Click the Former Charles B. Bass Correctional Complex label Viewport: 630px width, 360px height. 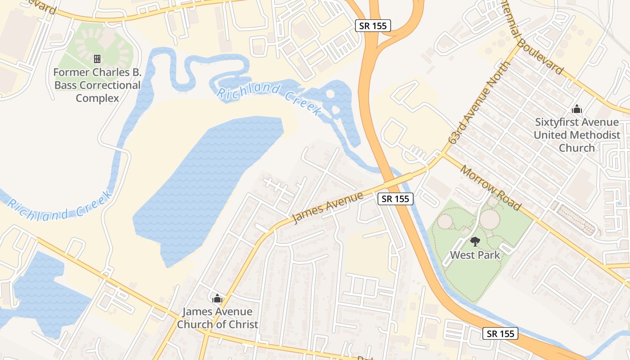pos(97,85)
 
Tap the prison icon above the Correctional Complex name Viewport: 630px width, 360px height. pos(97,59)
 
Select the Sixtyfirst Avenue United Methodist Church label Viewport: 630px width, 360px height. pos(577,135)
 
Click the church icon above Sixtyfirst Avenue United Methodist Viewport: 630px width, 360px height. pos(577,109)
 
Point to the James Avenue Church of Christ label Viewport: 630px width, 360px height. pos(217,318)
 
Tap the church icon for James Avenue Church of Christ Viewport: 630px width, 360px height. pos(217,298)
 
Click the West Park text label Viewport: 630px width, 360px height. pos(475,255)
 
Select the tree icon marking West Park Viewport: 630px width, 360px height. pos(475,242)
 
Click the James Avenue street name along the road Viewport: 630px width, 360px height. pos(328,207)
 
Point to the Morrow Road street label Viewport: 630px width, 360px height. pos(491,188)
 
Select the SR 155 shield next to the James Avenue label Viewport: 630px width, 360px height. pos(395,198)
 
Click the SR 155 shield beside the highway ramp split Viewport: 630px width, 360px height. pos(373,26)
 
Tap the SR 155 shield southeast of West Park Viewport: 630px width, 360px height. pos(500,333)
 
